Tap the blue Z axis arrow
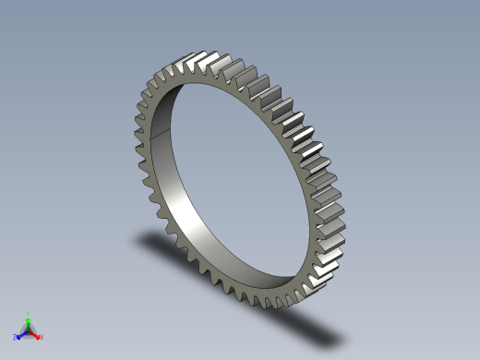[x=21, y=334]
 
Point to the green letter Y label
[x=29, y=312]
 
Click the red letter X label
[x=42, y=337]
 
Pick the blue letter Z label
[x=16, y=337]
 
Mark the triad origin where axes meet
[x=29, y=330]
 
